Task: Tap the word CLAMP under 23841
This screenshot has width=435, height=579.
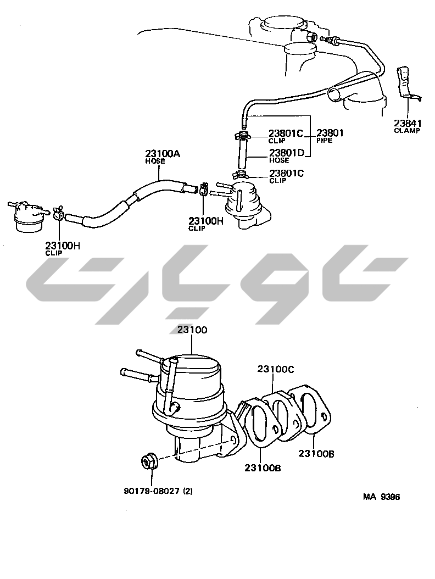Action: click(407, 131)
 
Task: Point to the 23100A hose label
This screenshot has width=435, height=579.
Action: click(162, 155)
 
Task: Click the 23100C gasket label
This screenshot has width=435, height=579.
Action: click(275, 370)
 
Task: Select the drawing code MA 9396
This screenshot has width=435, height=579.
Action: click(381, 497)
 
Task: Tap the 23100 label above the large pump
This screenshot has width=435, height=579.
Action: click(192, 330)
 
